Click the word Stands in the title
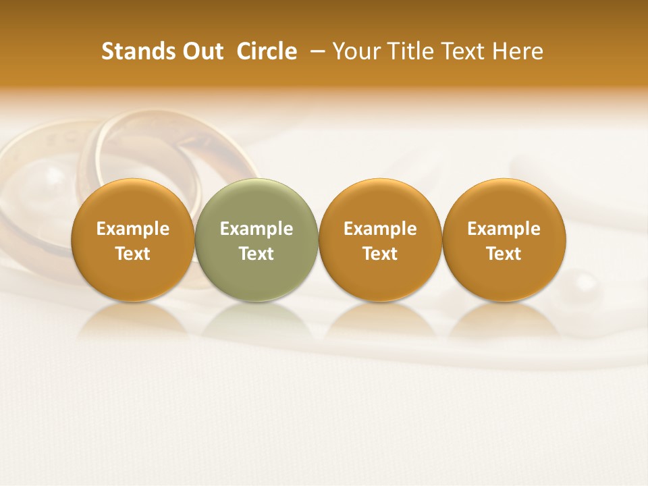click(x=138, y=51)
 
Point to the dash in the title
click(x=315, y=51)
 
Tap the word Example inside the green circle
click(x=256, y=229)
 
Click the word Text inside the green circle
click(x=256, y=254)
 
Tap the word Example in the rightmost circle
click(x=504, y=229)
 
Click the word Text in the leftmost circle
click(x=132, y=254)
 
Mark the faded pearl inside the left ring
click(x=53, y=177)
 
